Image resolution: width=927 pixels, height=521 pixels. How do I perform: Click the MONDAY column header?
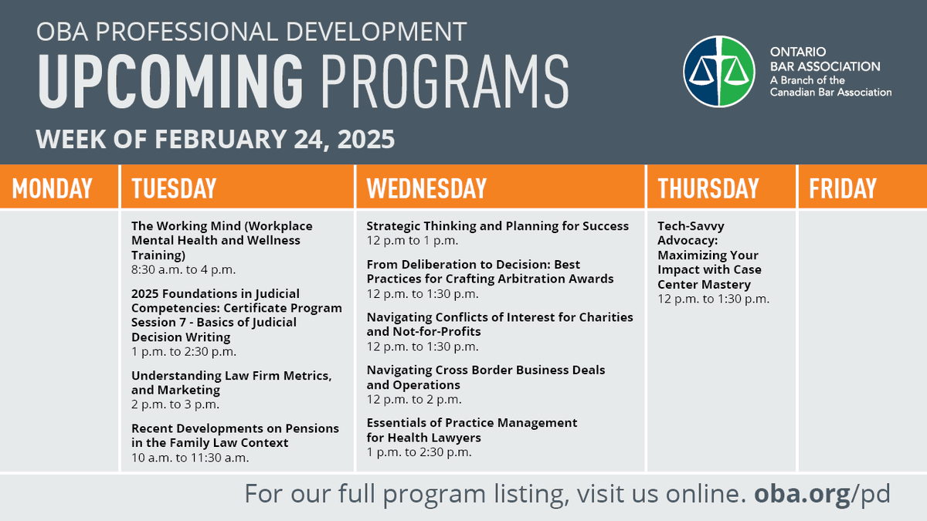click(53, 188)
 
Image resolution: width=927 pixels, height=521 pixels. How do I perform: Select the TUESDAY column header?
click(174, 188)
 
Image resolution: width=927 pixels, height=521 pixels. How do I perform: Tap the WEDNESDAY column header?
click(426, 188)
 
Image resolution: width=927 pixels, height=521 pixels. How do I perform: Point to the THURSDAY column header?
click(708, 188)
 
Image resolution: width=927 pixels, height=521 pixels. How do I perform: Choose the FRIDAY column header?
click(843, 188)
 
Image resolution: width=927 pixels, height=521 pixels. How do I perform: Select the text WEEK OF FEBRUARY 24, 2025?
click(216, 140)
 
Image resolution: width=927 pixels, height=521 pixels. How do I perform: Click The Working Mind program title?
click(222, 240)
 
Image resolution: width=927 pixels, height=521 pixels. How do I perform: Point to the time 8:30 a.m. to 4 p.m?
click(183, 269)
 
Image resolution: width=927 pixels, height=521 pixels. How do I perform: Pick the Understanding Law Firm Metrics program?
click(231, 383)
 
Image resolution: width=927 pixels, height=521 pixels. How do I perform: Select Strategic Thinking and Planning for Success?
click(497, 226)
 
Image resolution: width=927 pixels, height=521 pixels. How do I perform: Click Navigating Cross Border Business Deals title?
click(485, 377)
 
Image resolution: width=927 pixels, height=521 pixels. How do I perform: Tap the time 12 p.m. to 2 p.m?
click(414, 399)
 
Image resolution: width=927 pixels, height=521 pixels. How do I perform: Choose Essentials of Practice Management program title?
click(471, 430)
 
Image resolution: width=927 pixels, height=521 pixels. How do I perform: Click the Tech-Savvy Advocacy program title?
click(708, 255)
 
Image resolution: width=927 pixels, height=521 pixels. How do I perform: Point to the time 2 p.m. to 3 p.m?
click(175, 404)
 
